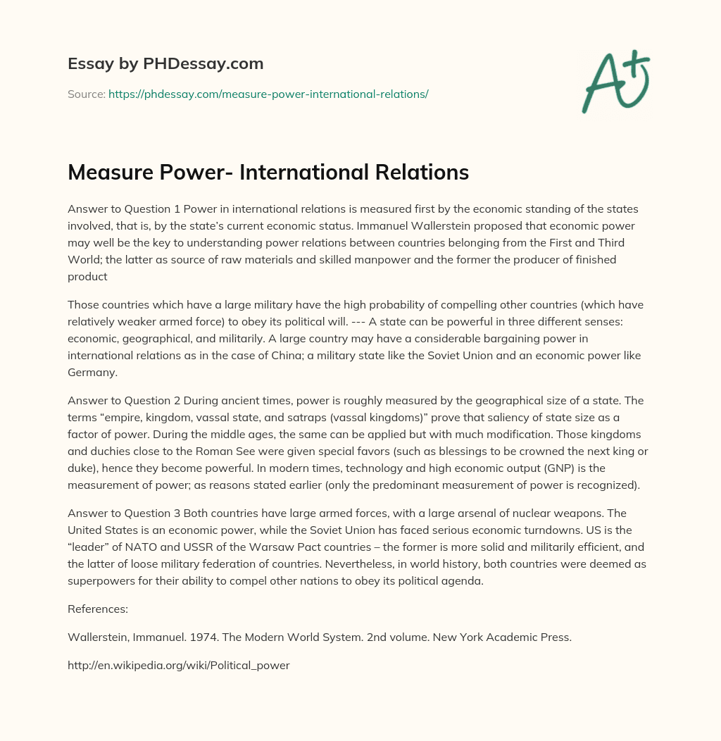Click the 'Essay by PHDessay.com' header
tap(165, 64)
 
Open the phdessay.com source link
tap(268, 94)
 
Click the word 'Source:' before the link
tap(86, 94)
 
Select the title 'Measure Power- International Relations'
tap(268, 173)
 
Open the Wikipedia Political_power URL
tap(178, 665)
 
